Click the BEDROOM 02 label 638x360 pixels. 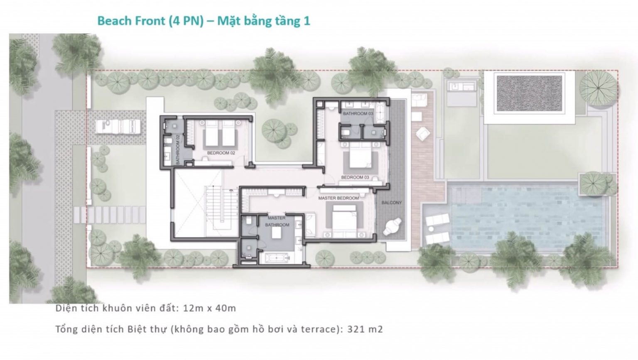221,153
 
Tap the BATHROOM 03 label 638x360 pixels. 358,114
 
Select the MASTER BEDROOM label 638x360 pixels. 339,198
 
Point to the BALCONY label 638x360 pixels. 392,203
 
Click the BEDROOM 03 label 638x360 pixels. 355,177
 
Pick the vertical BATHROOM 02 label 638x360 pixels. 178,149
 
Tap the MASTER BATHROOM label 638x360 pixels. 277,221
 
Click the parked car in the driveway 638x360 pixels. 118,126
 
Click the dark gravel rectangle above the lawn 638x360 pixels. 530,94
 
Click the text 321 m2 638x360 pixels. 365,329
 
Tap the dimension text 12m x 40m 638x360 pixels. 210,308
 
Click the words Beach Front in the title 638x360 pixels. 131,21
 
